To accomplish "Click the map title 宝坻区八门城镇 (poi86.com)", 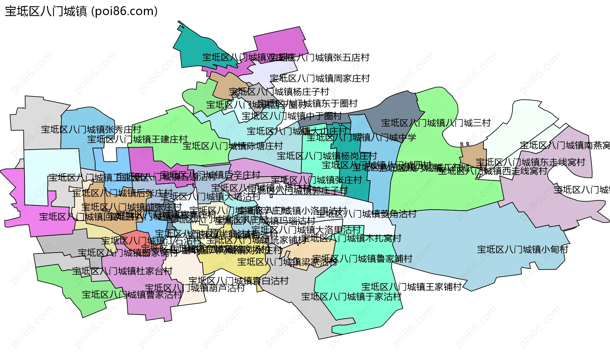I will click(81, 11).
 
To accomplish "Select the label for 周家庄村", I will click(320, 78).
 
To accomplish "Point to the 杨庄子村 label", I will click(279, 92).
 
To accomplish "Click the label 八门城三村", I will click(436, 123).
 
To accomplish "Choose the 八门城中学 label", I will click(361, 137).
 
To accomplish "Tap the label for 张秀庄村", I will click(91, 130).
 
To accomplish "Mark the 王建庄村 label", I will click(138, 139).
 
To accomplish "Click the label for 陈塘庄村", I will click(233, 146).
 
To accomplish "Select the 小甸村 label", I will click(522, 250).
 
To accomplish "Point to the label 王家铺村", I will click(411, 287).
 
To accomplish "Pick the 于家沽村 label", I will click(351, 297).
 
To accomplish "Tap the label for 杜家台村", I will click(122, 271).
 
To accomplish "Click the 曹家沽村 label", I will click(132, 295).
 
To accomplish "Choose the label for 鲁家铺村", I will click(362, 259).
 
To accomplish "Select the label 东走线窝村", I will click(530, 162).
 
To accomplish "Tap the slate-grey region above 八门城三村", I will click(397, 108).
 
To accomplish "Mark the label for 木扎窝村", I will click(351, 238).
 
